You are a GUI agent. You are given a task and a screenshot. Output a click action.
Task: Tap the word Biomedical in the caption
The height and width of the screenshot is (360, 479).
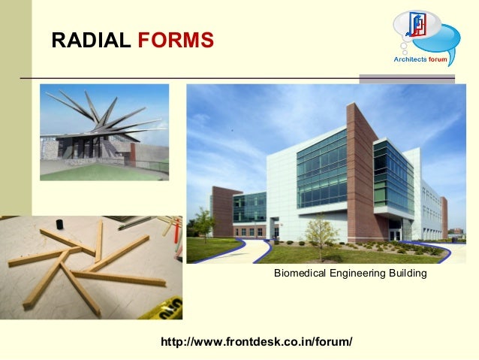[300, 274]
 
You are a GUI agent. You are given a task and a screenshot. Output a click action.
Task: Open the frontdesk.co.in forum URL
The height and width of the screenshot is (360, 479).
[257, 342]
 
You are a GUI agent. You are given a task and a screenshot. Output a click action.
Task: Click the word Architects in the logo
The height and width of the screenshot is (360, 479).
[411, 59]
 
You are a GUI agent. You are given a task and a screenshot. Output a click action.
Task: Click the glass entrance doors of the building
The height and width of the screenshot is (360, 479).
[393, 234]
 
